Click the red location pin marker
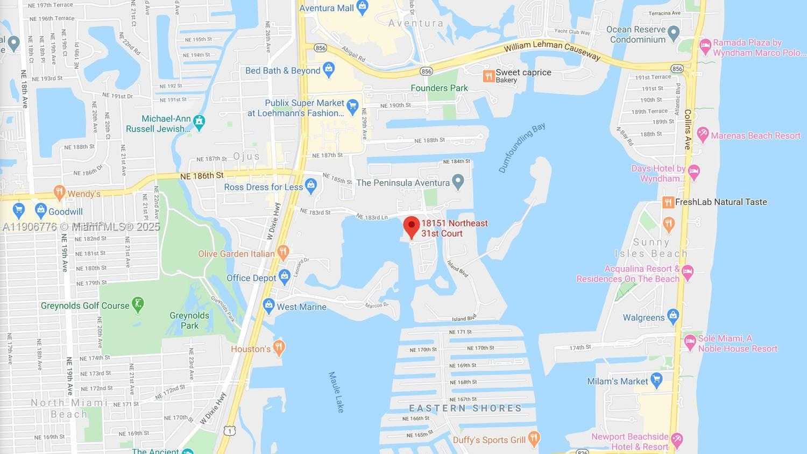(x=412, y=226)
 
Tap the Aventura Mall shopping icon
(x=362, y=8)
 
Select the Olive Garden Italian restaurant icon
(x=284, y=252)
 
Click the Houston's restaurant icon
(x=279, y=347)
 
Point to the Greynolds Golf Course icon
(x=138, y=304)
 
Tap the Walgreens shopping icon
(x=673, y=316)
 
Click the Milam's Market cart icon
(x=656, y=380)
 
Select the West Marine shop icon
(x=268, y=306)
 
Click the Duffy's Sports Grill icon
(x=534, y=438)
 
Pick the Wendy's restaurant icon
(x=59, y=192)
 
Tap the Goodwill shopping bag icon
(x=40, y=210)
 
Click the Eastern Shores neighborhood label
(x=465, y=408)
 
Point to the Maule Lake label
(x=336, y=392)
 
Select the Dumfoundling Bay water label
(x=522, y=147)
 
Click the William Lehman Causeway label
(x=552, y=51)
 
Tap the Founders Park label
(x=439, y=88)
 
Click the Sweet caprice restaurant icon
(x=489, y=75)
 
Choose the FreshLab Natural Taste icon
(x=668, y=202)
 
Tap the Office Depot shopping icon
(x=285, y=276)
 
